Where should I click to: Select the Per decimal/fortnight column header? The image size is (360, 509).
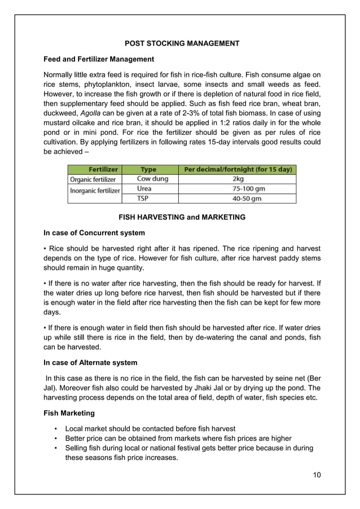(x=237, y=169)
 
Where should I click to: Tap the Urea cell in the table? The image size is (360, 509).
(x=144, y=189)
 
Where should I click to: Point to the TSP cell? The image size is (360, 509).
(x=144, y=199)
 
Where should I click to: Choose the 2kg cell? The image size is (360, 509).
(x=238, y=179)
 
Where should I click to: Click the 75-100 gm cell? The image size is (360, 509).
(x=238, y=189)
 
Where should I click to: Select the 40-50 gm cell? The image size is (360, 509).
(x=238, y=199)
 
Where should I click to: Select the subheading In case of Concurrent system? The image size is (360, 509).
(x=94, y=232)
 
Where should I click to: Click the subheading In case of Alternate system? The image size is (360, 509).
(x=90, y=362)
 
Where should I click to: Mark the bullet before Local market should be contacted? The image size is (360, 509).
(x=55, y=429)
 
